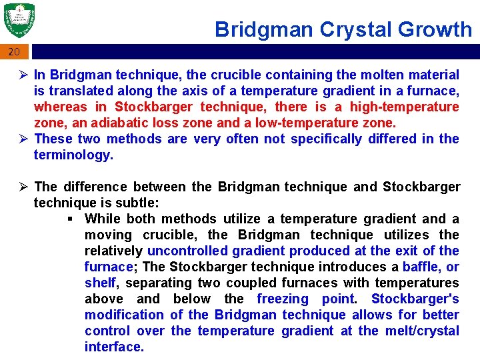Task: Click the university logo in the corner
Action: tap(19, 21)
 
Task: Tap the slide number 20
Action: tap(15, 52)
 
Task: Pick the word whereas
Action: tap(60, 107)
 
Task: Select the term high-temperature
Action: tap(405, 107)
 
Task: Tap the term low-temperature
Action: tap(305, 123)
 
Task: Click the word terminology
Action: tap(73, 155)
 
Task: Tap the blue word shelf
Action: tap(100, 283)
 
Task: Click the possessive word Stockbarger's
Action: tap(415, 299)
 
